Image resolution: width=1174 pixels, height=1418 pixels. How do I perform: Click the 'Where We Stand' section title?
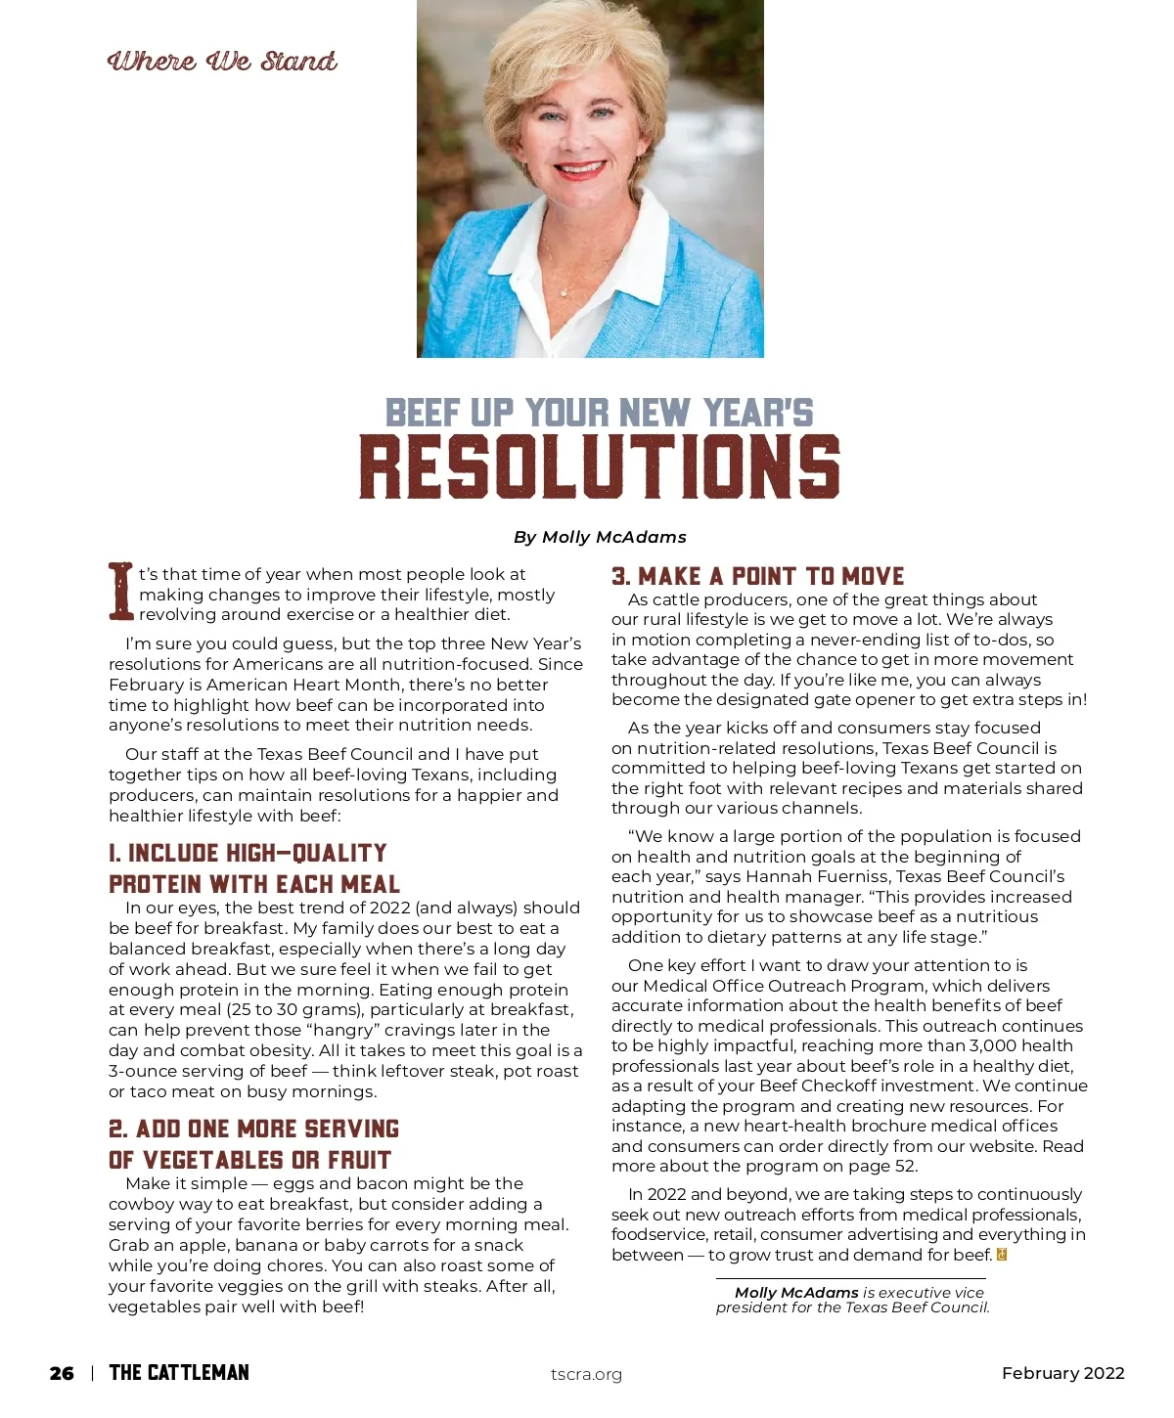click(222, 62)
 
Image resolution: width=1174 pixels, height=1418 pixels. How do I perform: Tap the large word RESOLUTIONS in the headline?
click(599, 466)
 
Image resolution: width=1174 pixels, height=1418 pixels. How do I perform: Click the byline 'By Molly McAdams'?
click(600, 537)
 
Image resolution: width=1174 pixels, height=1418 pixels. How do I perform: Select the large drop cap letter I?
click(120, 591)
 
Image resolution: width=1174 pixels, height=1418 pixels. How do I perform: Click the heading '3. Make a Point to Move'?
click(757, 576)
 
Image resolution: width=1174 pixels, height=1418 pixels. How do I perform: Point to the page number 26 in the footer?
click(62, 1374)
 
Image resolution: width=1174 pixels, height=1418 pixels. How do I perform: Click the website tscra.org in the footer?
click(586, 1374)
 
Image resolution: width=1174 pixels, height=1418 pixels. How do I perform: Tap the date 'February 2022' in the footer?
click(1062, 1373)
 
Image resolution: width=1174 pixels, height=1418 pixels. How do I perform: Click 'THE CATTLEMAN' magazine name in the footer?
click(179, 1373)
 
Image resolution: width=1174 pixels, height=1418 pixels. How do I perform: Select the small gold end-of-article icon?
click(1002, 1255)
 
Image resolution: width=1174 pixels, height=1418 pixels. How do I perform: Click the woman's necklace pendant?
click(564, 292)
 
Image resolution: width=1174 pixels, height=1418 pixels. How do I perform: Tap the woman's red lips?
click(579, 170)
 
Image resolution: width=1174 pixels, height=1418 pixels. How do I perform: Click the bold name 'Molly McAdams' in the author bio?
click(796, 1293)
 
